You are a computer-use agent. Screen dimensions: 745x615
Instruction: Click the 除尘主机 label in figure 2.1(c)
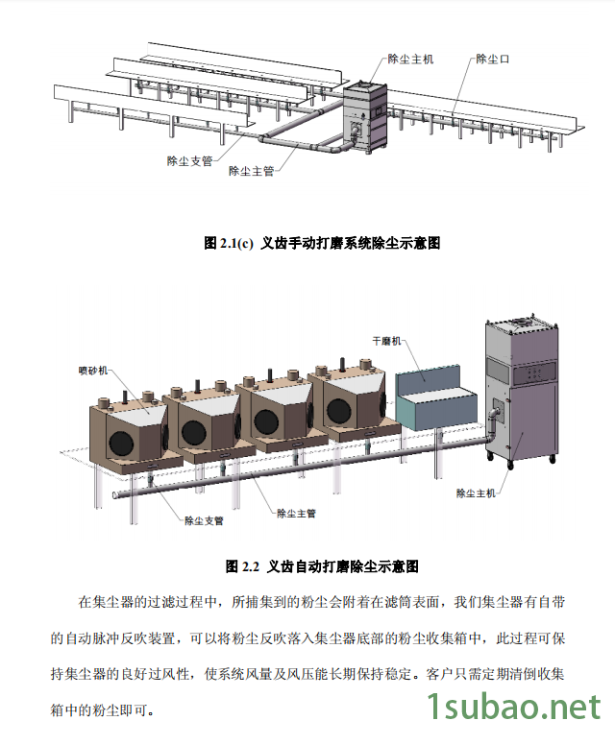[409, 59]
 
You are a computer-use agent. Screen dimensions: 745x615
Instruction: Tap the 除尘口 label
[492, 59]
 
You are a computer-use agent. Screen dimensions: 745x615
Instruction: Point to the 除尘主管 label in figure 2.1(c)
[252, 171]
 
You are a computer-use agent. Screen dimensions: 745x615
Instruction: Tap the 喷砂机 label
[93, 370]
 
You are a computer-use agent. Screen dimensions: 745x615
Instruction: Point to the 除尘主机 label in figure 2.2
[477, 493]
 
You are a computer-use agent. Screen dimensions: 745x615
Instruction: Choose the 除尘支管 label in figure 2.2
[204, 520]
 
